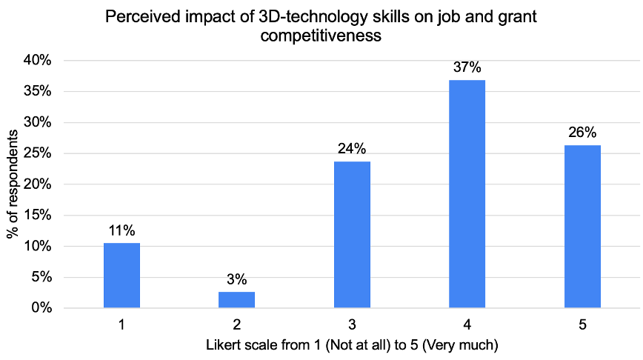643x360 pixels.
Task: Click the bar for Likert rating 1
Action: pos(121,275)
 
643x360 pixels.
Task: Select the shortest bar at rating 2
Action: pos(237,299)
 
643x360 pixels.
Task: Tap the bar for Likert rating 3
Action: pos(352,234)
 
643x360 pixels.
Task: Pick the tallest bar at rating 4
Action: pos(467,193)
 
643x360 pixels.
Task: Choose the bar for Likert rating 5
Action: pos(582,226)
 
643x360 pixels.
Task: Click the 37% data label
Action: pos(467,67)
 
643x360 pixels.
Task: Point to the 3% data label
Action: pos(237,279)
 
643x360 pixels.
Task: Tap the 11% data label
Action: pos(121,230)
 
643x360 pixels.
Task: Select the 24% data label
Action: pos(352,149)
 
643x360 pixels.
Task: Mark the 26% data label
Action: pos(582,133)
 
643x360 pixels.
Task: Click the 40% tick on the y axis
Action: pos(36,61)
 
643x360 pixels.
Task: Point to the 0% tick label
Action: pos(40,307)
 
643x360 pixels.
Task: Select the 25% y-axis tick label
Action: pos(36,153)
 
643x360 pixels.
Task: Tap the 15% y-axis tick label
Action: pos(36,216)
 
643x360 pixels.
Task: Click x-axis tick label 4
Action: pos(467,324)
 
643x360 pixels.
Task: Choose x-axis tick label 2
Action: pos(237,324)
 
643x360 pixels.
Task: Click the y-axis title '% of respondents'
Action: pos(13,184)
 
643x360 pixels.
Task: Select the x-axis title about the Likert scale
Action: pos(352,344)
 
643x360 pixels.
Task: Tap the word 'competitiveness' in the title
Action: pos(321,35)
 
